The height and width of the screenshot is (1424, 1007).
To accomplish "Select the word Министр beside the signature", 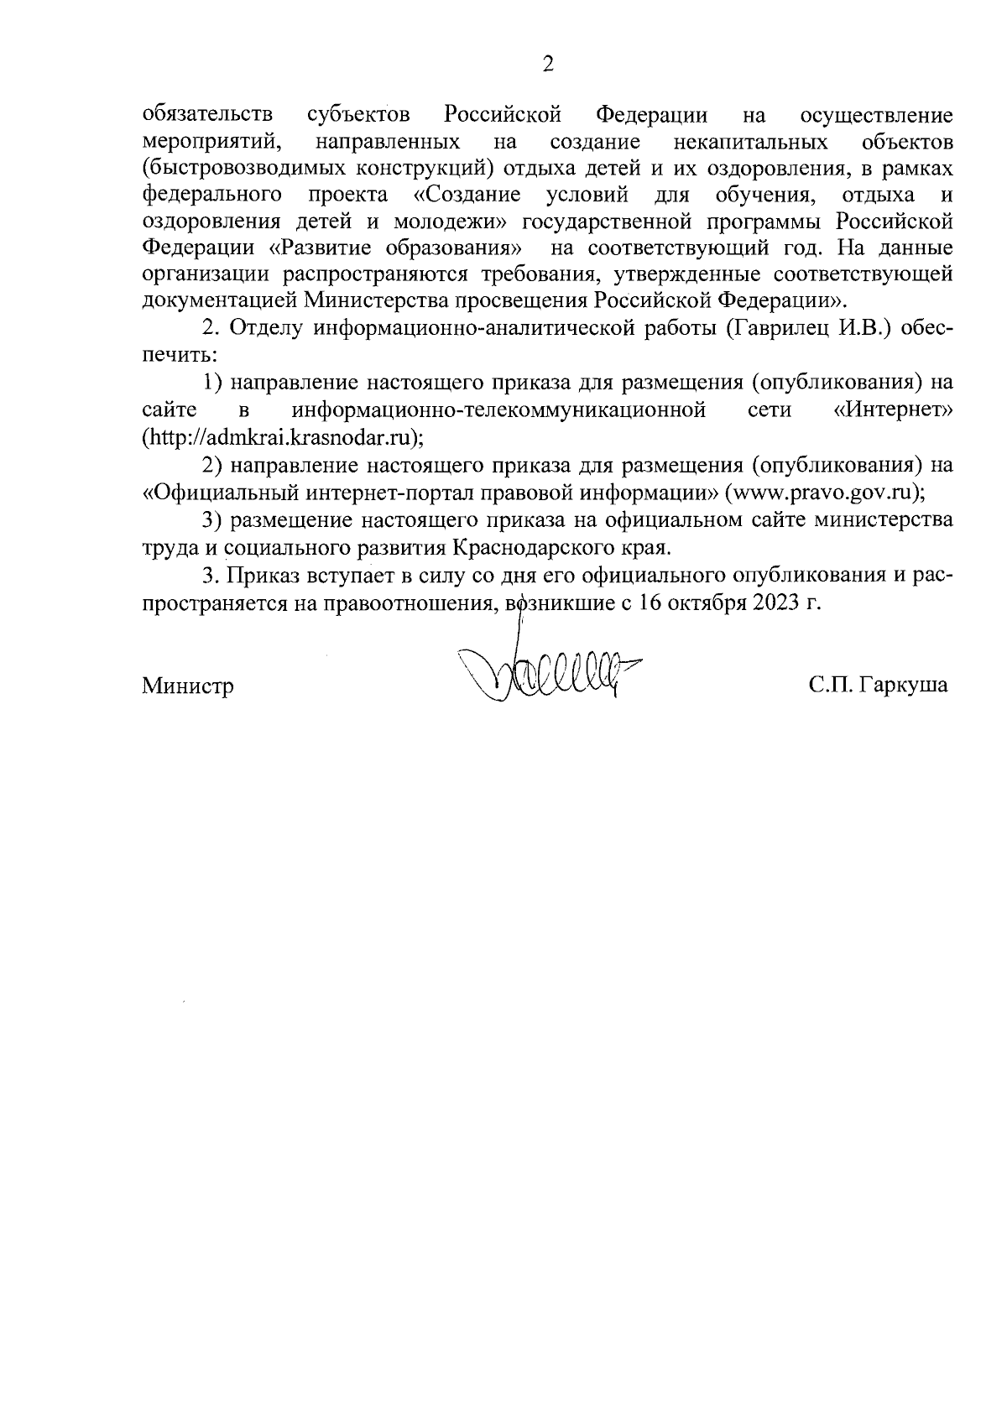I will click(x=188, y=686).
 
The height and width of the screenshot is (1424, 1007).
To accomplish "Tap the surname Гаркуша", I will click(x=906, y=686).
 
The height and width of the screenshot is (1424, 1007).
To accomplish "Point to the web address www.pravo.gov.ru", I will click(x=826, y=493).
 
